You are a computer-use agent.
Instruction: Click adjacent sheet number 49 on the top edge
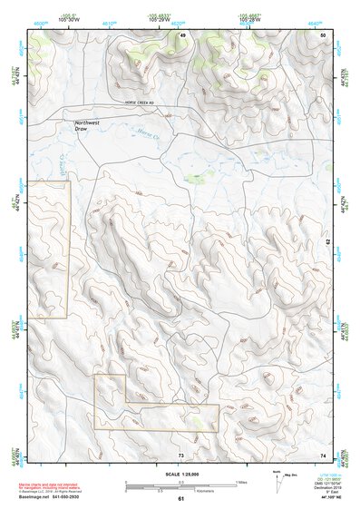tap(181, 34)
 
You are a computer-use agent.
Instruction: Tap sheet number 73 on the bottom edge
tap(181, 455)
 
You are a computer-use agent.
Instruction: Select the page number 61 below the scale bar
tap(181, 498)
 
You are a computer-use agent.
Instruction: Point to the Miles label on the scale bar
tap(241, 481)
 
